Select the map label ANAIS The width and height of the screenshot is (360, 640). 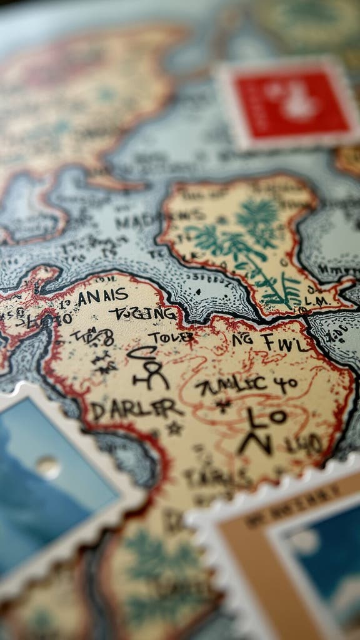(102, 296)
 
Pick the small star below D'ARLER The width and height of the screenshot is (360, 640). (173, 429)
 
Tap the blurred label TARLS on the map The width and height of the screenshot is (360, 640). (209, 478)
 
